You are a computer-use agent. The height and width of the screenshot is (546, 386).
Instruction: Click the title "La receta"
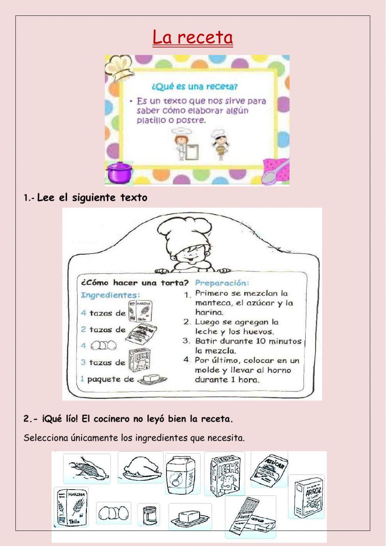coord(193,37)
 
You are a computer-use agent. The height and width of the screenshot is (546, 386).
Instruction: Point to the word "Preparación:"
coord(222,282)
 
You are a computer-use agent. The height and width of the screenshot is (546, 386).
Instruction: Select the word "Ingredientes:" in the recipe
coord(110,295)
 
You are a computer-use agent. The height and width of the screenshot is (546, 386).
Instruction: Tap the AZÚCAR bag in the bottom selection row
coord(269,470)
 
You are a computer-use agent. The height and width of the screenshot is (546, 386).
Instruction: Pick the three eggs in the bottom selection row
coord(113,513)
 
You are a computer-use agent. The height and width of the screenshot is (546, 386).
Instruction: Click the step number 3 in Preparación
coord(186,341)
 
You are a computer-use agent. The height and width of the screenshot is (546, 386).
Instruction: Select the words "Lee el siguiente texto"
coord(92,198)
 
